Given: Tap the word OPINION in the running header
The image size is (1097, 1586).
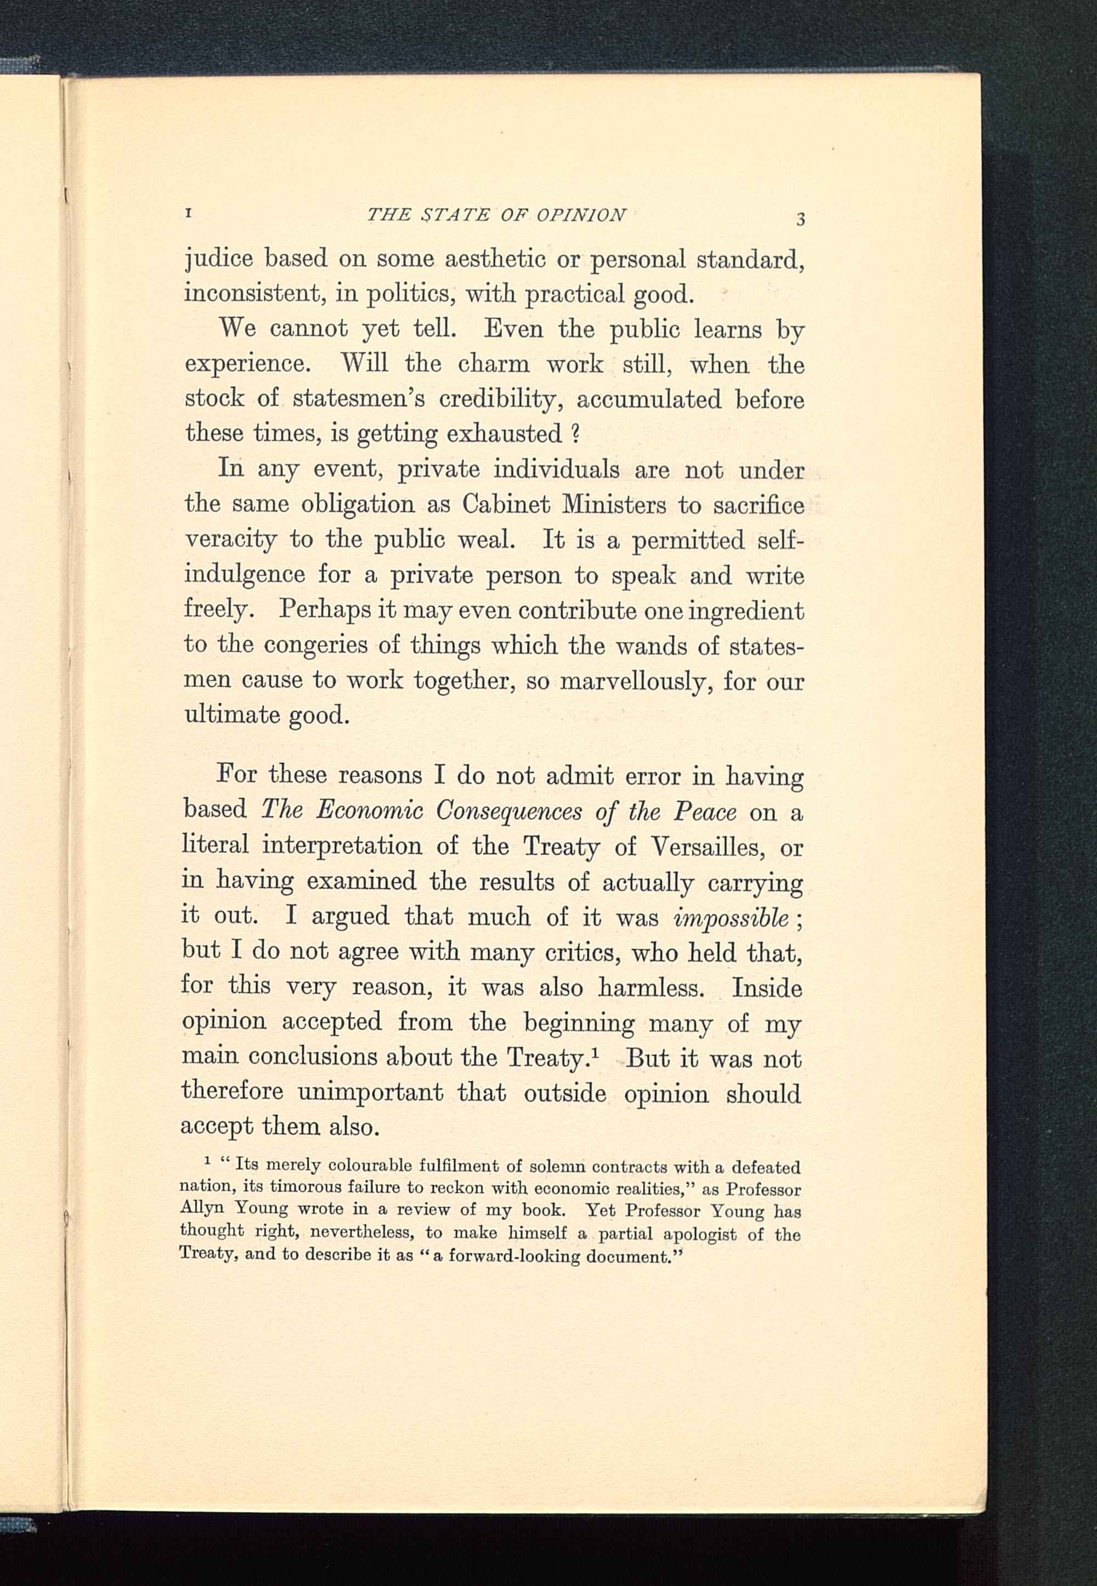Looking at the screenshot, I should (581, 215).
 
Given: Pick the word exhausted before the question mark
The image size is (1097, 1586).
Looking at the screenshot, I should (505, 434).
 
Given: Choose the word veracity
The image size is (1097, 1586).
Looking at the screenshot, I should (230, 540).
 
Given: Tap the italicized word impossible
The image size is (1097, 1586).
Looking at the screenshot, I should (731, 917).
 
